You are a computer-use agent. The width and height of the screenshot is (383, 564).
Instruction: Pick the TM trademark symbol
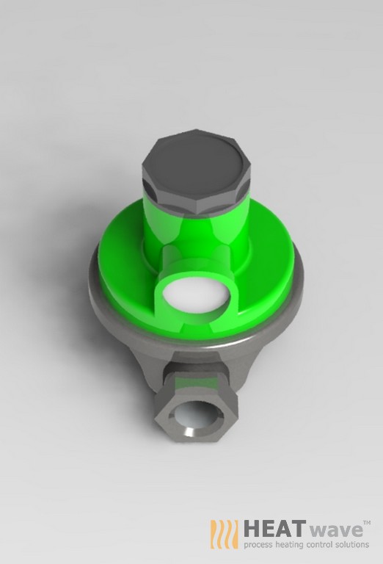pos(367,520)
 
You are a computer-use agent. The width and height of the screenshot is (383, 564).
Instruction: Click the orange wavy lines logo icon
pos(224,534)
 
